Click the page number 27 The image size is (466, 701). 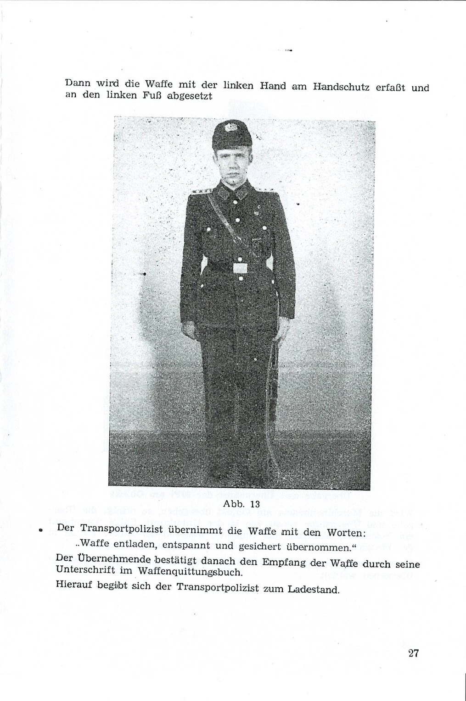(413, 653)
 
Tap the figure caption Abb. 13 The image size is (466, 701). (241, 504)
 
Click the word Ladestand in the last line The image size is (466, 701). (314, 589)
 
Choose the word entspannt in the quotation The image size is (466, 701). (184, 546)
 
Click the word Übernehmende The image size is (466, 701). (116, 560)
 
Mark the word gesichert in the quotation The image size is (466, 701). (256, 546)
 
